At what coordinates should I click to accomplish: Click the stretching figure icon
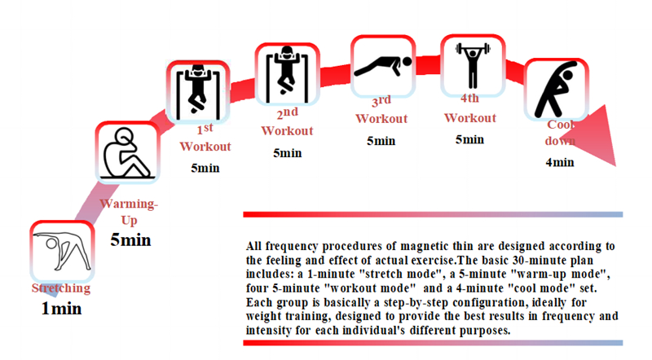coord(63,252)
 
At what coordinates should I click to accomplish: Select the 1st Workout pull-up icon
coord(198,91)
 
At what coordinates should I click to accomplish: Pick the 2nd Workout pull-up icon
coord(287,74)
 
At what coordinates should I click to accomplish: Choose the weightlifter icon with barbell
coord(473,65)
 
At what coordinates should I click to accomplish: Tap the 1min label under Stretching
coord(62,309)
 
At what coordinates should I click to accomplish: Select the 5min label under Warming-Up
coord(130,239)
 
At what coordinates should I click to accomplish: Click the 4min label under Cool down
coord(560,162)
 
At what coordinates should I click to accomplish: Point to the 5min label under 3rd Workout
coord(381,141)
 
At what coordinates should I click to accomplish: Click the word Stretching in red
coord(61,288)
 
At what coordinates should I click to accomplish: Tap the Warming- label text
coord(129,204)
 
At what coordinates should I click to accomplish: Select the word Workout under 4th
coord(470,118)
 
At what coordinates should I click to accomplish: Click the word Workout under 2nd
coord(287,131)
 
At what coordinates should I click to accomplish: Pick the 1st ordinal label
coord(205,129)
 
